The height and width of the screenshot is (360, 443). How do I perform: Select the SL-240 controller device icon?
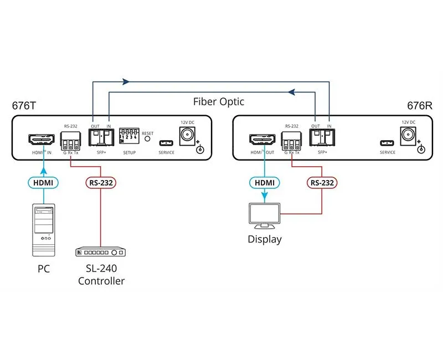coord(100,252)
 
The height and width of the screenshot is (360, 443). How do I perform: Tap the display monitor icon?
coord(264,216)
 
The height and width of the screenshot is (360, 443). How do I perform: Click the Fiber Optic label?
coord(219,101)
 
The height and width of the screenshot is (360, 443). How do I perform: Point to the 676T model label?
coord(24,105)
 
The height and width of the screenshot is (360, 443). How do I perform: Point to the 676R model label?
coord(419,105)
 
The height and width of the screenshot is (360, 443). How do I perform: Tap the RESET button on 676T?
coord(147,139)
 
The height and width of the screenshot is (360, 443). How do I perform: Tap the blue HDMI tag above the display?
coord(264,182)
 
